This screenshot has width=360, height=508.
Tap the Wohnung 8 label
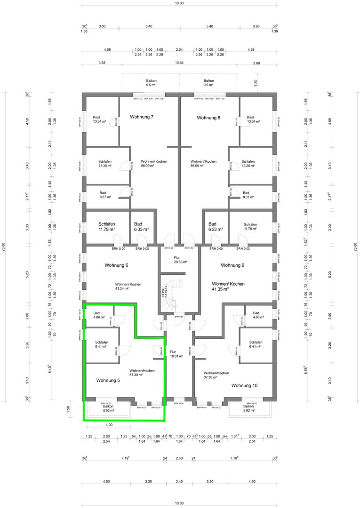click(208, 118)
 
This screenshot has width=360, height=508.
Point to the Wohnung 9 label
click(232, 265)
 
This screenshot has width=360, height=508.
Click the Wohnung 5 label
click(108, 380)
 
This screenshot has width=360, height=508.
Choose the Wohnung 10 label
click(244, 385)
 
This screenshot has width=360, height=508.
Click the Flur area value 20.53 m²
click(180, 262)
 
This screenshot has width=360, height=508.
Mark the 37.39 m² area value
click(142, 375)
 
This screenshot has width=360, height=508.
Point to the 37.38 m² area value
click(210, 377)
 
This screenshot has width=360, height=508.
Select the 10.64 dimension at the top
click(179, 63)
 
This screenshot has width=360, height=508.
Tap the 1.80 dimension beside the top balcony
click(256, 82)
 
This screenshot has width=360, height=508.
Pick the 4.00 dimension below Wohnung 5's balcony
click(109, 425)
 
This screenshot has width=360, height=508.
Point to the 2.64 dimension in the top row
click(179, 49)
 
